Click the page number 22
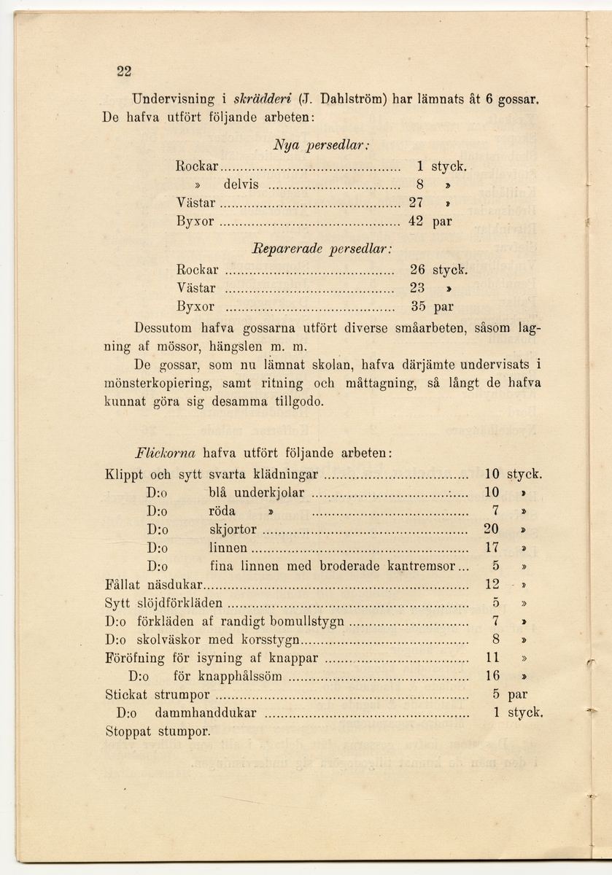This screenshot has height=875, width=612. click(x=123, y=71)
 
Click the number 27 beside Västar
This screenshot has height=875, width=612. click(x=416, y=202)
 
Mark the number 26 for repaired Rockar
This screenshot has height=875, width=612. click(x=417, y=270)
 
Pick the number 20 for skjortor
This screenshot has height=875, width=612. click(x=491, y=529)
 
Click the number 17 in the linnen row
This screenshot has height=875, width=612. click(x=491, y=548)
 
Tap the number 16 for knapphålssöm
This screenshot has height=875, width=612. click(x=492, y=677)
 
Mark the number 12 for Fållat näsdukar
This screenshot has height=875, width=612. click(x=492, y=585)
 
